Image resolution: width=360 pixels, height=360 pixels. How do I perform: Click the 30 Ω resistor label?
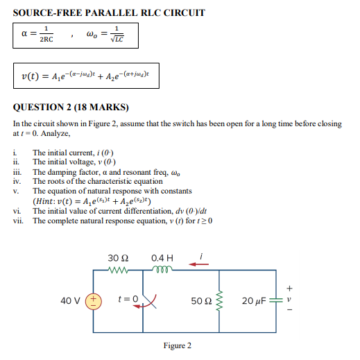[x=117, y=258]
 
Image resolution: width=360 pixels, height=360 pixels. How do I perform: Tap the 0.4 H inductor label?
[x=162, y=258]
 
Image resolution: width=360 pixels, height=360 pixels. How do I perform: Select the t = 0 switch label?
[x=128, y=300]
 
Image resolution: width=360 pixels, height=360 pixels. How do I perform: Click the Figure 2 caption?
[x=178, y=345]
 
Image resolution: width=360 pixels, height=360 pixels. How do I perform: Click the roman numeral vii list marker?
[x=19, y=221]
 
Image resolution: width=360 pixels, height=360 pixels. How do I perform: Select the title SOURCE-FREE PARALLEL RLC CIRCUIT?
[x=109, y=12]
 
